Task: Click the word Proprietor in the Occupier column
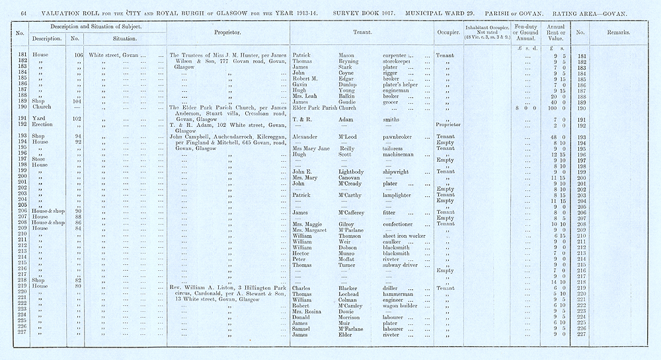[449, 124]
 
